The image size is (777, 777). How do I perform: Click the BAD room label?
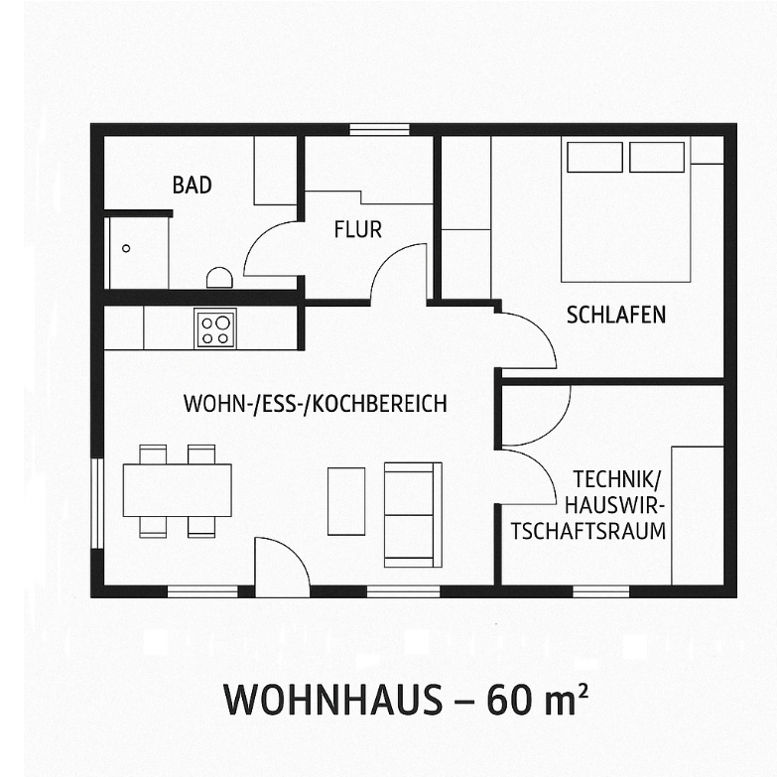tap(193, 185)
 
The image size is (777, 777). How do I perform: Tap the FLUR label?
tap(358, 230)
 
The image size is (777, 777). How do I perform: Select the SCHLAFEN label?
tap(616, 316)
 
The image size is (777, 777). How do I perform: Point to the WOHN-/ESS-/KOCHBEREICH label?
tap(316, 403)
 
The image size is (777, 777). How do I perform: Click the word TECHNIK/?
tap(617, 479)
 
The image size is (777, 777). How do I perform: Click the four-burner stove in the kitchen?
tap(215, 328)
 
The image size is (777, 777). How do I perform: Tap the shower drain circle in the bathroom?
tap(126, 248)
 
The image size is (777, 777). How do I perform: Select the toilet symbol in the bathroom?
tap(219, 278)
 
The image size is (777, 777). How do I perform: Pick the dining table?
tap(177, 490)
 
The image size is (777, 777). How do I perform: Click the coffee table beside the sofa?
tap(346, 501)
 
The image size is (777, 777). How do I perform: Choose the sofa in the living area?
tap(413, 515)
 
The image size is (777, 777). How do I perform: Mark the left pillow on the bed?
tap(594, 157)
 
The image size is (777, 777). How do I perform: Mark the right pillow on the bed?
tap(657, 157)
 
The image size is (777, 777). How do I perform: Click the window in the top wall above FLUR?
tap(380, 130)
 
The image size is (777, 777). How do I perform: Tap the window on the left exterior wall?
tap(97, 503)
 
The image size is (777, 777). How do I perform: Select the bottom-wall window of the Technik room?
tap(601, 591)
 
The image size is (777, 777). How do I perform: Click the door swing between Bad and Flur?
tap(271, 249)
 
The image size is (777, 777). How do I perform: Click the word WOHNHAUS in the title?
tap(333, 700)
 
